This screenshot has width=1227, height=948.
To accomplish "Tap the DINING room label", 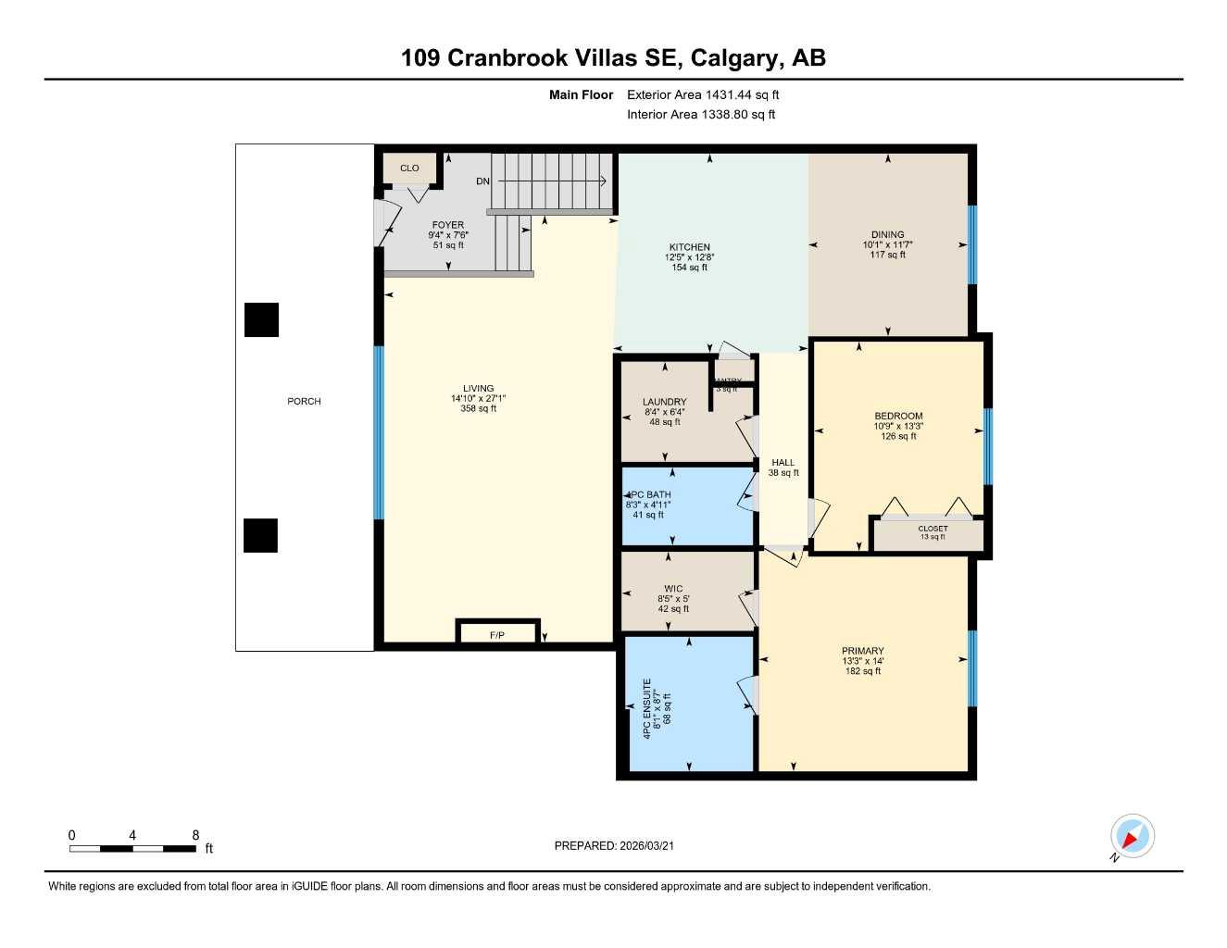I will (x=887, y=234).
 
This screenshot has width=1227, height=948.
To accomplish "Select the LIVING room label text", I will (x=479, y=389).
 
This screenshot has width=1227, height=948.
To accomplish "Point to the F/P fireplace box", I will (x=497, y=634).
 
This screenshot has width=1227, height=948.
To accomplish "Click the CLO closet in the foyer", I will (x=409, y=168).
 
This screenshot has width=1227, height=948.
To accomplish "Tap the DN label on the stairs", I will (x=482, y=181).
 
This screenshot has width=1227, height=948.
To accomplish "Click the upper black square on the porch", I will (x=261, y=319).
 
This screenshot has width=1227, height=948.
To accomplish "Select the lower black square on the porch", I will (x=260, y=535).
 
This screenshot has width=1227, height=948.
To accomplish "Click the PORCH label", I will (x=304, y=402).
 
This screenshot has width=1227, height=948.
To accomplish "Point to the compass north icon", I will (x=1132, y=837).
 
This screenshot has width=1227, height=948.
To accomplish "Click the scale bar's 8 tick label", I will (x=195, y=835).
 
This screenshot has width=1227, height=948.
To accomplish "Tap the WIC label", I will (x=673, y=589).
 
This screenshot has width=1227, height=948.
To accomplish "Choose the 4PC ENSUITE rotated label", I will (x=648, y=708).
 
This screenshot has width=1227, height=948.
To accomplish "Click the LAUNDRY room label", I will (x=664, y=403).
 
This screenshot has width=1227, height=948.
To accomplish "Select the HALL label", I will (x=783, y=463).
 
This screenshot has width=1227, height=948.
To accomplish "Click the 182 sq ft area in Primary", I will (x=863, y=671).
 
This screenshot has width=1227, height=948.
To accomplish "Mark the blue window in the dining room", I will (x=971, y=244).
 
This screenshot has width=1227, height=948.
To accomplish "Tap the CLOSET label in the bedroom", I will (x=933, y=529).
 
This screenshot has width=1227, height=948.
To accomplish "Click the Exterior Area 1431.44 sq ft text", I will (x=703, y=94).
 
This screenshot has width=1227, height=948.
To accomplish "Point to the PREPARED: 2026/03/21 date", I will (x=620, y=845).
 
